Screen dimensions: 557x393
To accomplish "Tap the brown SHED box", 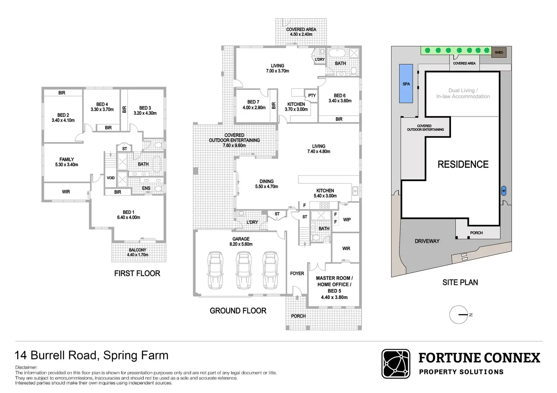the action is click(499, 53).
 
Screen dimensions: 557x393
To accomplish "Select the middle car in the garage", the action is click(243, 270).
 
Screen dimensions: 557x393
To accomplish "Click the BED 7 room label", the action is click(253, 102).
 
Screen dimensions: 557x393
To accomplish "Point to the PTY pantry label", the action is click(312, 95).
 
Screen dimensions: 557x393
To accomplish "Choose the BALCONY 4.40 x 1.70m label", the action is click(137, 252).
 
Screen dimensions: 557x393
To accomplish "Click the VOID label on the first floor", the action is click(110, 178).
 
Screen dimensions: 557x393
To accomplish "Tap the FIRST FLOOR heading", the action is click(137, 273).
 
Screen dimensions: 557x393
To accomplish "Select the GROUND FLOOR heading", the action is click(238, 311).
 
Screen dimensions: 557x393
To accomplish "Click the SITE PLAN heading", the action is click(460, 282).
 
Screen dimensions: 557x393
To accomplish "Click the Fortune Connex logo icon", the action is click(396, 364).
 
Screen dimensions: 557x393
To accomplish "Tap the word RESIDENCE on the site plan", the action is click(463, 164).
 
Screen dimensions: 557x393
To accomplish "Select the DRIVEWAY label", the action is click(427, 241).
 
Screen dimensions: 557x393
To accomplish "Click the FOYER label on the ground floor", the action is click(297, 273).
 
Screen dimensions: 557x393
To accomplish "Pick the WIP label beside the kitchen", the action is click(347, 220).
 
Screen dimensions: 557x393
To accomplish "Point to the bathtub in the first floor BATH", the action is click(157, 164).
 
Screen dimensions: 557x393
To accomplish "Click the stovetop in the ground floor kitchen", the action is click(325, 205).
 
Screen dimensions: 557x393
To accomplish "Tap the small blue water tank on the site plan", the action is click(504, 191).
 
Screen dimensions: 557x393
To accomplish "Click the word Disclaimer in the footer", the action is click(26, 367).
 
